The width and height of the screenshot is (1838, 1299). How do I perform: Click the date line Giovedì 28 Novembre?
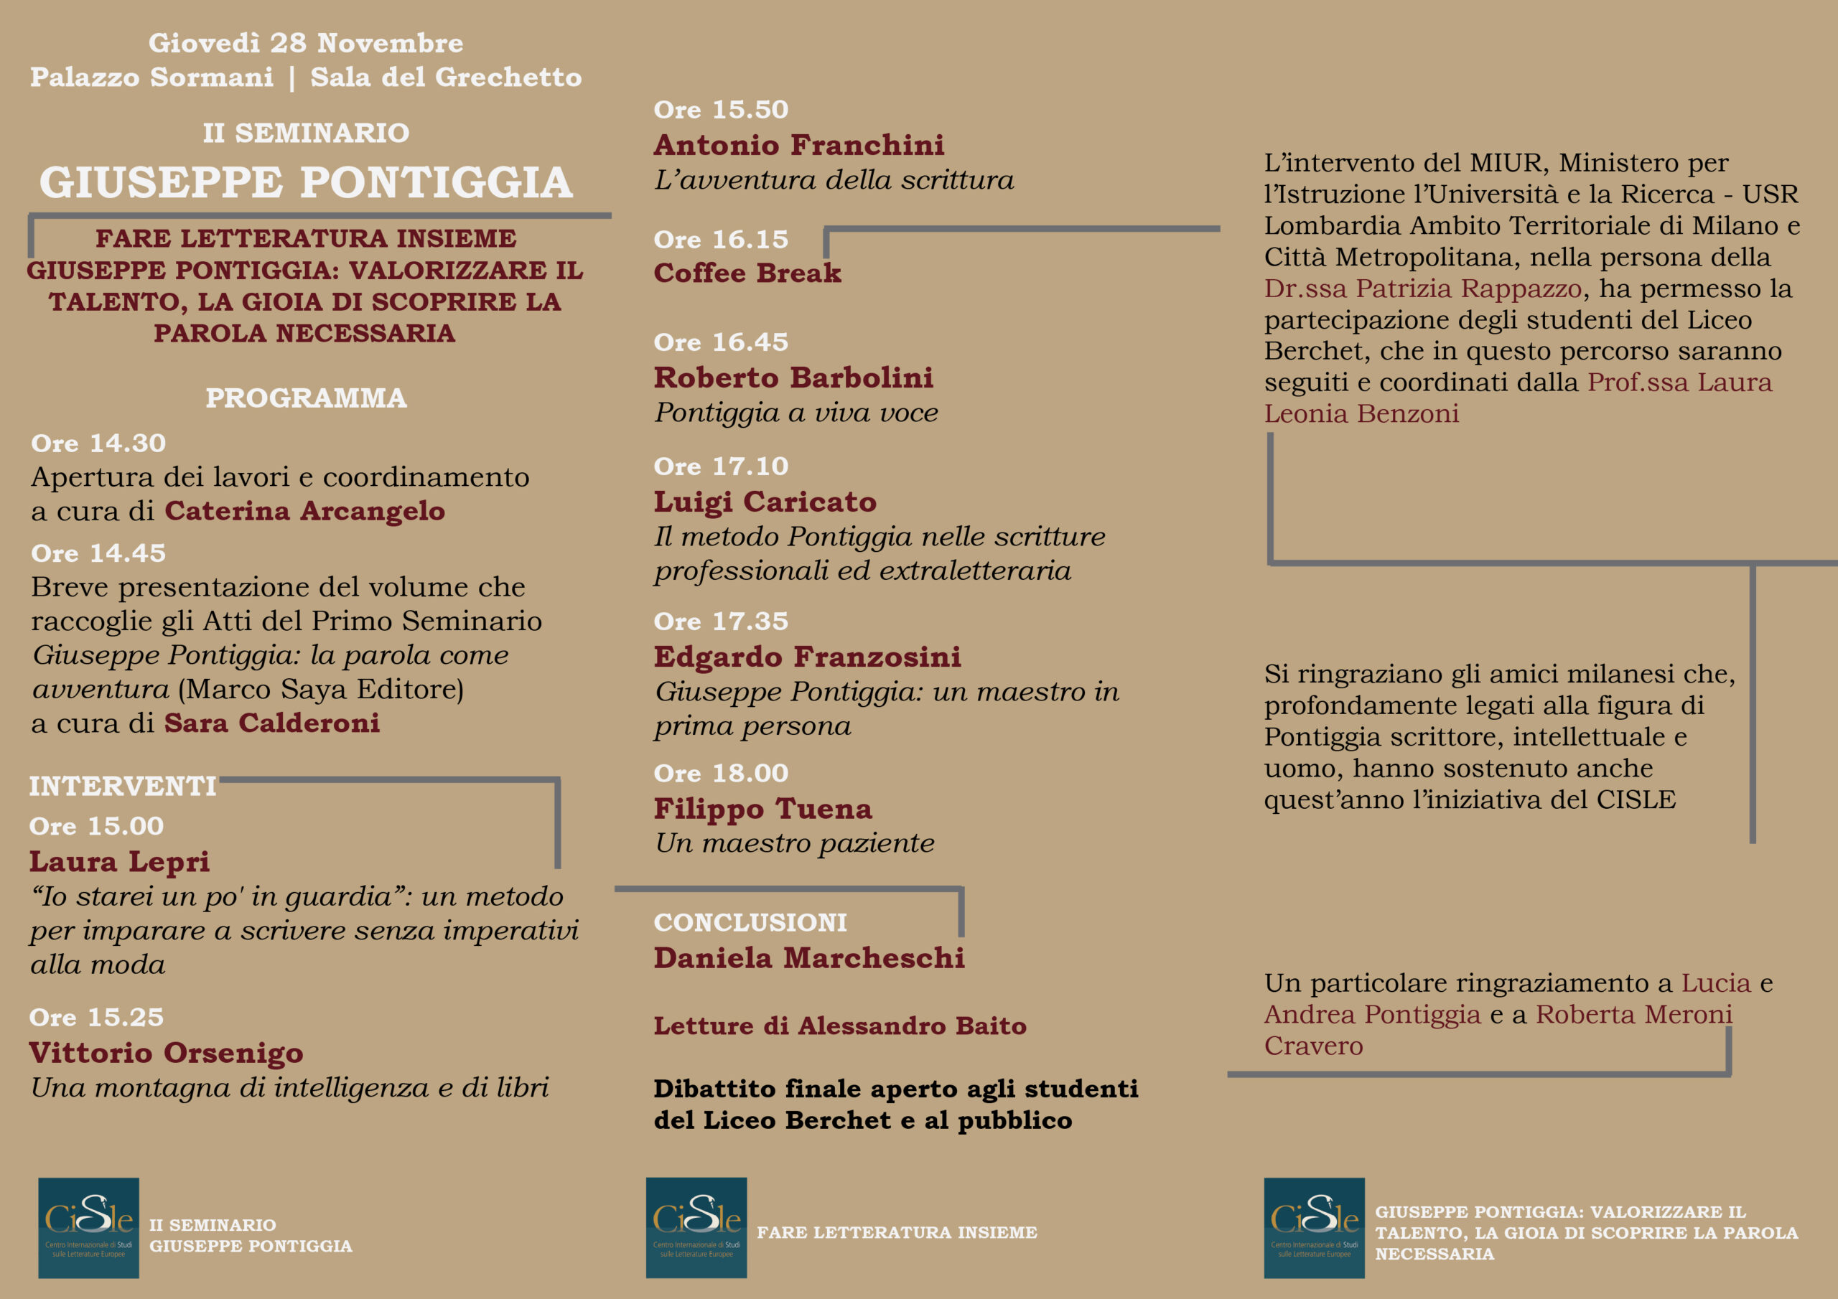point(306,42)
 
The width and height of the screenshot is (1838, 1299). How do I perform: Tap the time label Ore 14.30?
point(98,443)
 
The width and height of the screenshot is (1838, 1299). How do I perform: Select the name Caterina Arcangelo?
point(304,511)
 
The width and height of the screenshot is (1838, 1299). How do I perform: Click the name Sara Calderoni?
point(271,723)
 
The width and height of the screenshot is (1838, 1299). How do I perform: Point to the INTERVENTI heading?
point(123,786)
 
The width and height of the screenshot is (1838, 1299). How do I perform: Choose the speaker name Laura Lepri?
point(119,861)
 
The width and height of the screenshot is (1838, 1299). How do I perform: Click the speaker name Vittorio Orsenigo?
point(166,1053)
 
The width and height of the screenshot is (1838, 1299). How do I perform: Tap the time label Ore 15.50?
point(720,110)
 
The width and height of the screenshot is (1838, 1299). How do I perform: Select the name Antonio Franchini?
point(798,145)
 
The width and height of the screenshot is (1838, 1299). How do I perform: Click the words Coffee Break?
point(747,273)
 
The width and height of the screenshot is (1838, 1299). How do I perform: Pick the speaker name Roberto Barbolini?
point(793,377)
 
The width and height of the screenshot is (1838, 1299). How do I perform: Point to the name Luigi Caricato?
point(765,501)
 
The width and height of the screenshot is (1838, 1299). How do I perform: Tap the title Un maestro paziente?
point(794,843)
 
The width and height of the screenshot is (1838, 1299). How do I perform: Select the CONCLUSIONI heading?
point(750,922)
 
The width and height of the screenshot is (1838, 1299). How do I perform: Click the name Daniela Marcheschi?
point(808,957)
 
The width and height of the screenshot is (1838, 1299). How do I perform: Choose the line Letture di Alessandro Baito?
point(840,1026)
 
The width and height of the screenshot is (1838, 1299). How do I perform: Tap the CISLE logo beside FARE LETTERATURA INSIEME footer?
point(696,1227)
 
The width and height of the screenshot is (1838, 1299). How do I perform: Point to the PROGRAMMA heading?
point(306,398)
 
